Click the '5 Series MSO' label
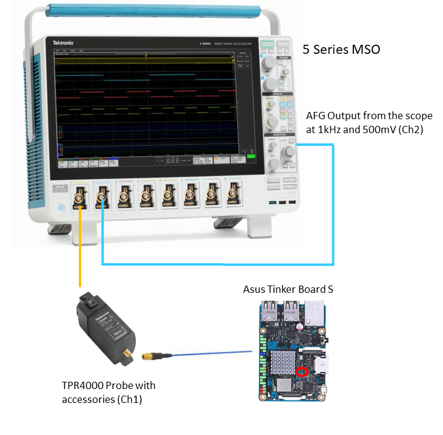(341, 50)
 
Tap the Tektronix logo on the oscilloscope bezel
(64, 44)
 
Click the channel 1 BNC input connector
(79, 197)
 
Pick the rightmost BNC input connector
(231, 195)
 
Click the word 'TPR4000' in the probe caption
(84, 385)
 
